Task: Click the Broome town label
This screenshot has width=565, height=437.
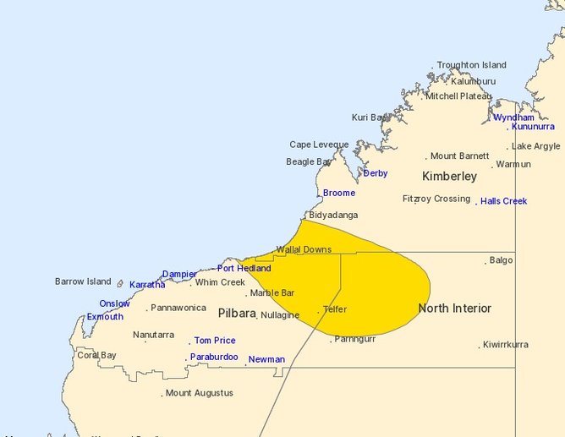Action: (339, 193)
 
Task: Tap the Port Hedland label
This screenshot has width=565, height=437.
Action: (244, 268)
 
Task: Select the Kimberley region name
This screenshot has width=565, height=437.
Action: (449, 177)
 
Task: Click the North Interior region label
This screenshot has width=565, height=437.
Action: (454, 308)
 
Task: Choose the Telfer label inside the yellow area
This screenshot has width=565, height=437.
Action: (335, 309)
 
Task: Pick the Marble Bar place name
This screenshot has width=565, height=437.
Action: (272, 292)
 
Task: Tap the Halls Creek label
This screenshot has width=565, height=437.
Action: (503, 201)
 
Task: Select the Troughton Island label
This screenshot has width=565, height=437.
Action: (471, 65)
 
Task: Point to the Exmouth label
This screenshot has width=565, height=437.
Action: (105, 317)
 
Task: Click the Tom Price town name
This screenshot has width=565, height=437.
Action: (215, 341)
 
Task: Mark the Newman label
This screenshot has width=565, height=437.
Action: (266, 359)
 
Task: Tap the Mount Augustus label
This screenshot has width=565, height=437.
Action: (199, 393)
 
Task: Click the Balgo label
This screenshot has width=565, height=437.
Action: (501, 260)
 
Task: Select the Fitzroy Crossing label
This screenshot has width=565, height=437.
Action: (436, 199)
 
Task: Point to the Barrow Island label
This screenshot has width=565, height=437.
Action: (83, 281)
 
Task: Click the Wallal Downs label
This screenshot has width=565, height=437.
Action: (304, 249)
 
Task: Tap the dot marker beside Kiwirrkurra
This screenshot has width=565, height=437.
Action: (480, 346)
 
